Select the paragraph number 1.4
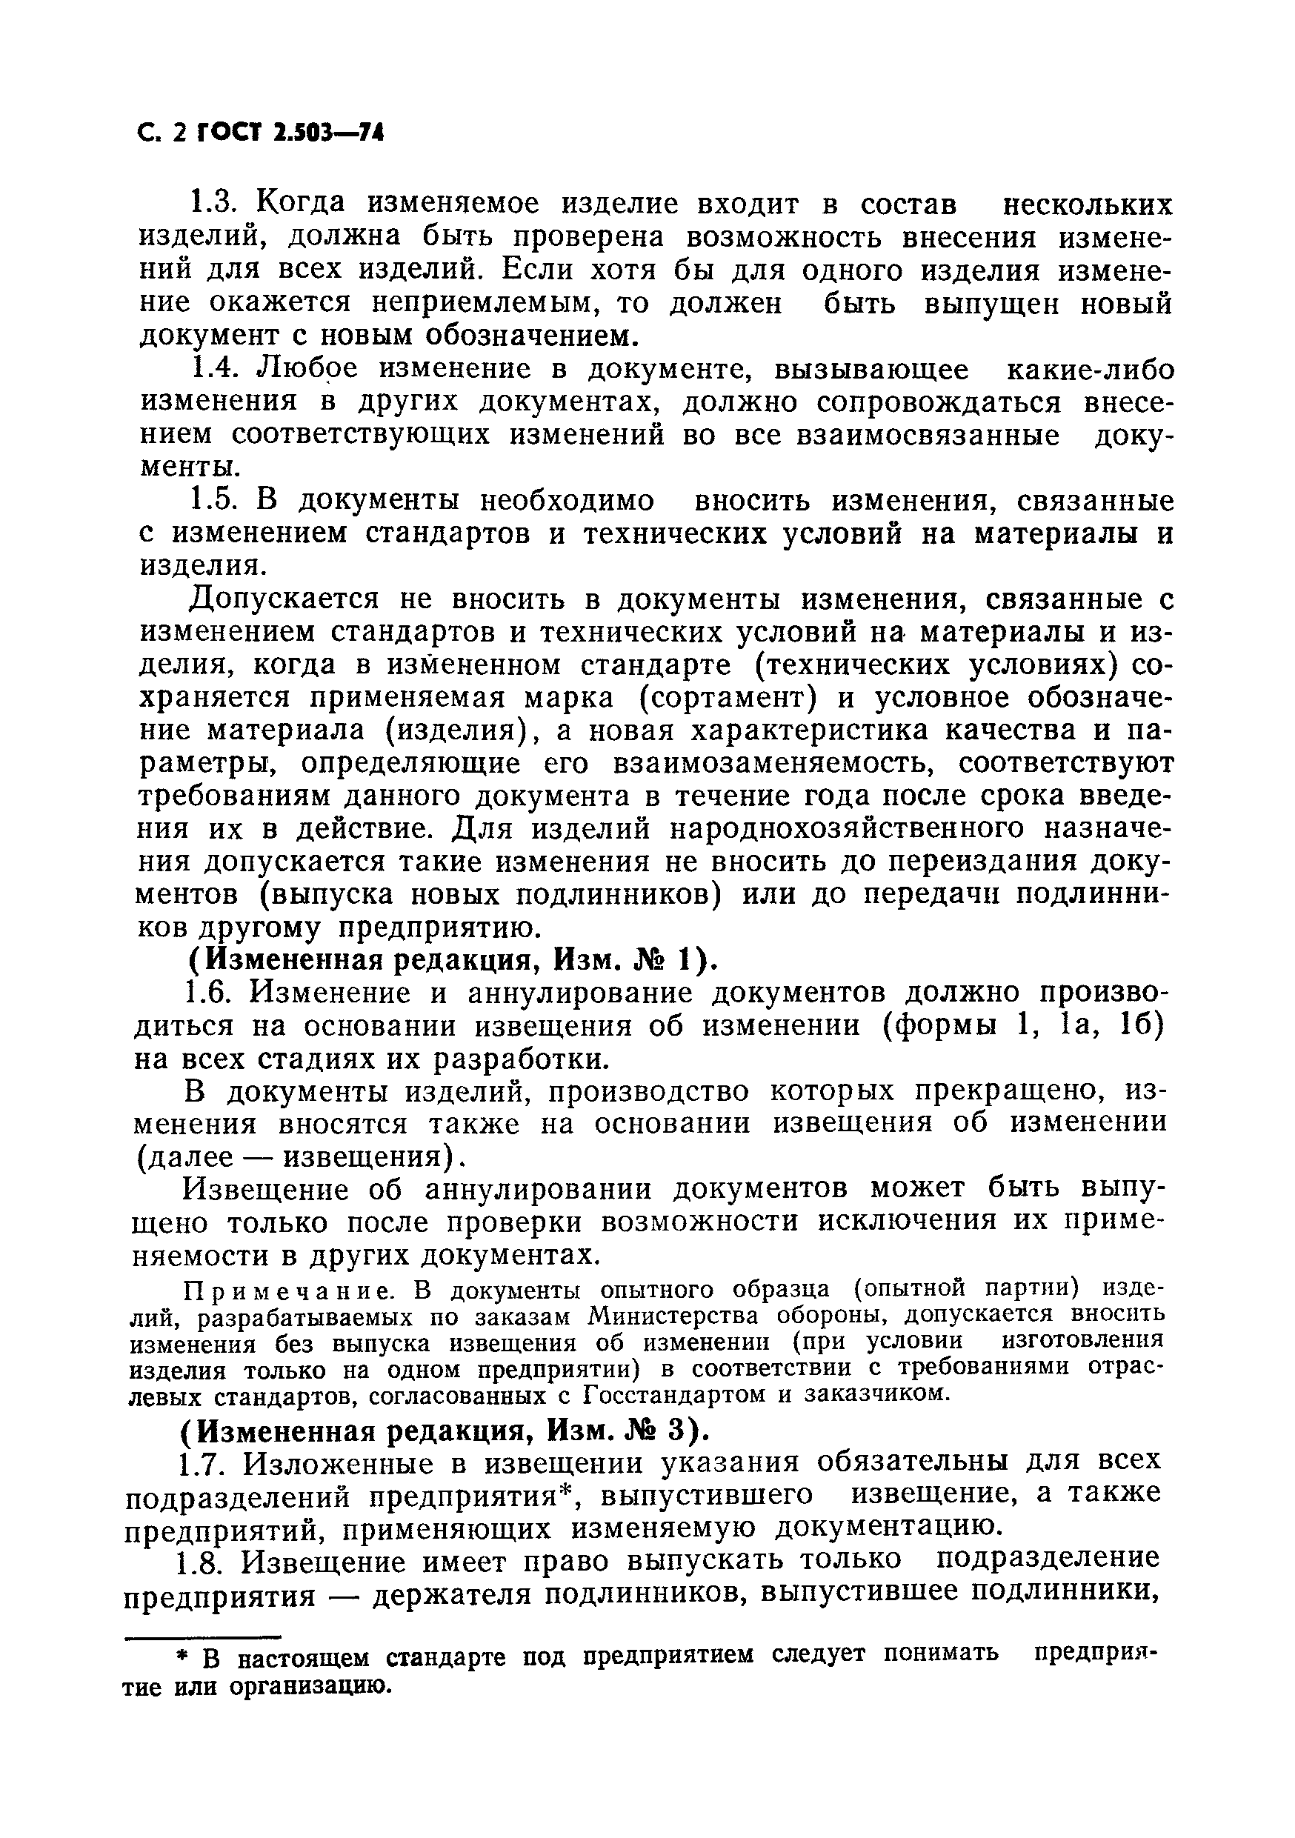point(216,369)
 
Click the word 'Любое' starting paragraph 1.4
point(307,369)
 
